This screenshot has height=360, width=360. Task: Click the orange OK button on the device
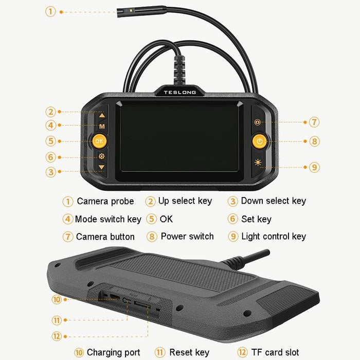(x=99, y=141)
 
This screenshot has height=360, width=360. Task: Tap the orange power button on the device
(x=260, y=141)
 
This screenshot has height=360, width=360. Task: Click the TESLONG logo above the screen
(x=179, y=92)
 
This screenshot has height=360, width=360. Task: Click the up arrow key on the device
(x=102, y=116)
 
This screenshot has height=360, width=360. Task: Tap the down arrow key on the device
(x=101, y=167)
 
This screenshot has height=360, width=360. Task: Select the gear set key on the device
(x=101, y=156)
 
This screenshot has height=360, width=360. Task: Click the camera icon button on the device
(x=257, y=122)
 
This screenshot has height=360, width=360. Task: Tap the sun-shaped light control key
(x=257, y=163)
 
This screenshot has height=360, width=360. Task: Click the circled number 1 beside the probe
(x=50, y=11)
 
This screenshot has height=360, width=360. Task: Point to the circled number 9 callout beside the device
(x=314, y=167)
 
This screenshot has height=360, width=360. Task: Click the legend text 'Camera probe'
(x=105, y=201)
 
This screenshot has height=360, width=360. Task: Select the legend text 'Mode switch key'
(x=108, y=219)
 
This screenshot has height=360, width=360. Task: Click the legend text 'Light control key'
(x=274, y=237)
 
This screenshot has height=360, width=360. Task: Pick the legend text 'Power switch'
(x=187, y=237)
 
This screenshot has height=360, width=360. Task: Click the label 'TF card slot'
(x=275, y=352)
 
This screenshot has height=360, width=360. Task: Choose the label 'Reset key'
(x=189, y=352)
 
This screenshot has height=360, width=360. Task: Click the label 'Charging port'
(x=113, y=352)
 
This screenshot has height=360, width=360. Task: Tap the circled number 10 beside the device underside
(x=57, y=299)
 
